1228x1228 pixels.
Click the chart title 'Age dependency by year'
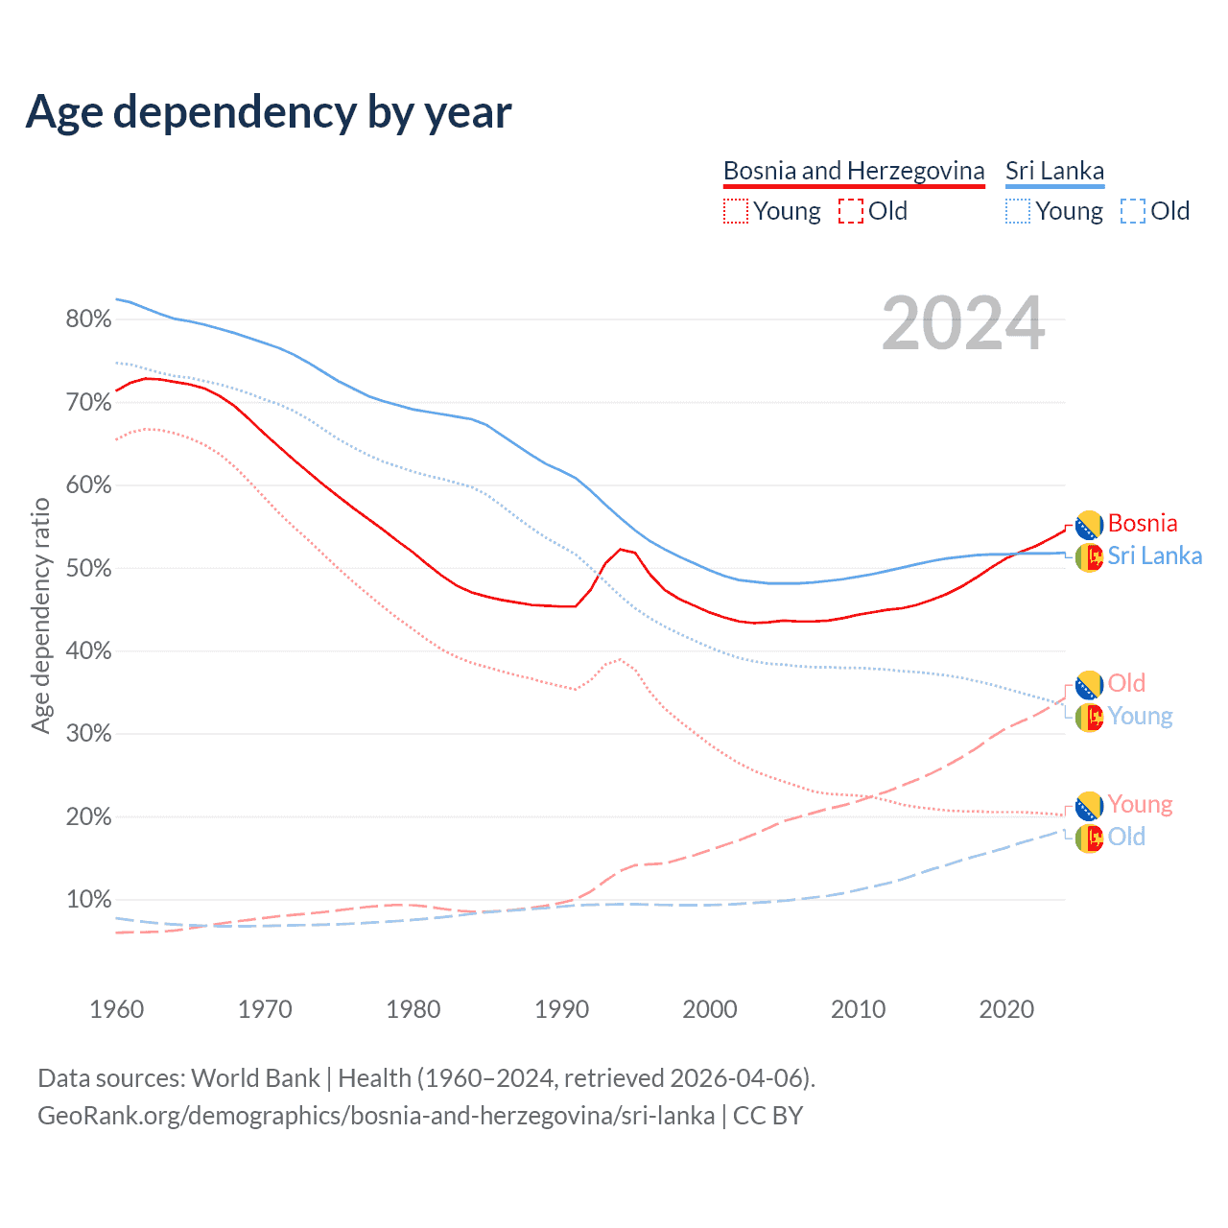pyautogui.click(x=269, y=112)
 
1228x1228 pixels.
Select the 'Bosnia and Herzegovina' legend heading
pyautogui.click(x=854, y=171)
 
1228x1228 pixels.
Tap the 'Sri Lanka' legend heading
pyautogui.click(x=1054, y=171)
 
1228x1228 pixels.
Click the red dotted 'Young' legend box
pyautogui.click(x=735, y=211)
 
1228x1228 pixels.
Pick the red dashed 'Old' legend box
pyautogui.click(x=850, y=211)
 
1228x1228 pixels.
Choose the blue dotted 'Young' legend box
pyautogui.click(x=1018, y=211)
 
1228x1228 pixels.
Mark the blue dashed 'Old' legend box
pyautogui.click(x=1132, y=211)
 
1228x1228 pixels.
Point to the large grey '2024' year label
pyautogui.click(x=962, y=324)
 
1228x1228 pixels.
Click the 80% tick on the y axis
pyautogui.click(x=88, y=319)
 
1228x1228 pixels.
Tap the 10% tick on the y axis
pyautogui.click(x=88, y=900)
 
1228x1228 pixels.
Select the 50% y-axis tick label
pyautogui.click(x=88, y=568)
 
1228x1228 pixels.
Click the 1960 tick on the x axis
pyautogui.click(x=117, y=1009)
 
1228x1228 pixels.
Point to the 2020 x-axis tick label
pyautogui.click(x=1006, y=1009)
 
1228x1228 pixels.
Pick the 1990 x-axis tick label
pyautogui.click(x=561, y=1009)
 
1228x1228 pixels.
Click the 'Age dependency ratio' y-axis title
pyautogui.click(x=41, y=615)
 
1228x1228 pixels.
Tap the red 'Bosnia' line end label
pyautogui.click(x=1142, y=523)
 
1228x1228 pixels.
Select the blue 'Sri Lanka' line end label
pyautogui.click(x=1154, y=555)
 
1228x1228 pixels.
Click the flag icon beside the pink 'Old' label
pyautogui.click(x=1089, y=685)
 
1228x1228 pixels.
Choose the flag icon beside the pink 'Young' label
pyautogui.click(x=1089, y=806)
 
